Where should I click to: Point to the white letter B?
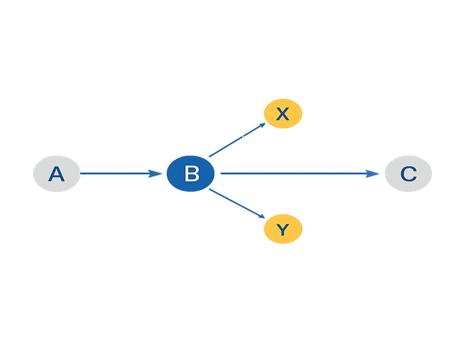coord(192,174)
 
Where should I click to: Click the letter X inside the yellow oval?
coord(283,114)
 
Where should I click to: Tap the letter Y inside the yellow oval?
coord(283,230)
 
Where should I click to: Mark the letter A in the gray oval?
coord(57,174)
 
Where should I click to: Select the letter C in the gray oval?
coord(408,174)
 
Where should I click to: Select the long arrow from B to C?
coord(298,173)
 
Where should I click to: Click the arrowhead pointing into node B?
coord(155,173)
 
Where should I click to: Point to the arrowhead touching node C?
coord(373,173)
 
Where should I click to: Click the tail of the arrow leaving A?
coord(83,173)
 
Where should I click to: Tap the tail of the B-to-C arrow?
coord(222,173)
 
